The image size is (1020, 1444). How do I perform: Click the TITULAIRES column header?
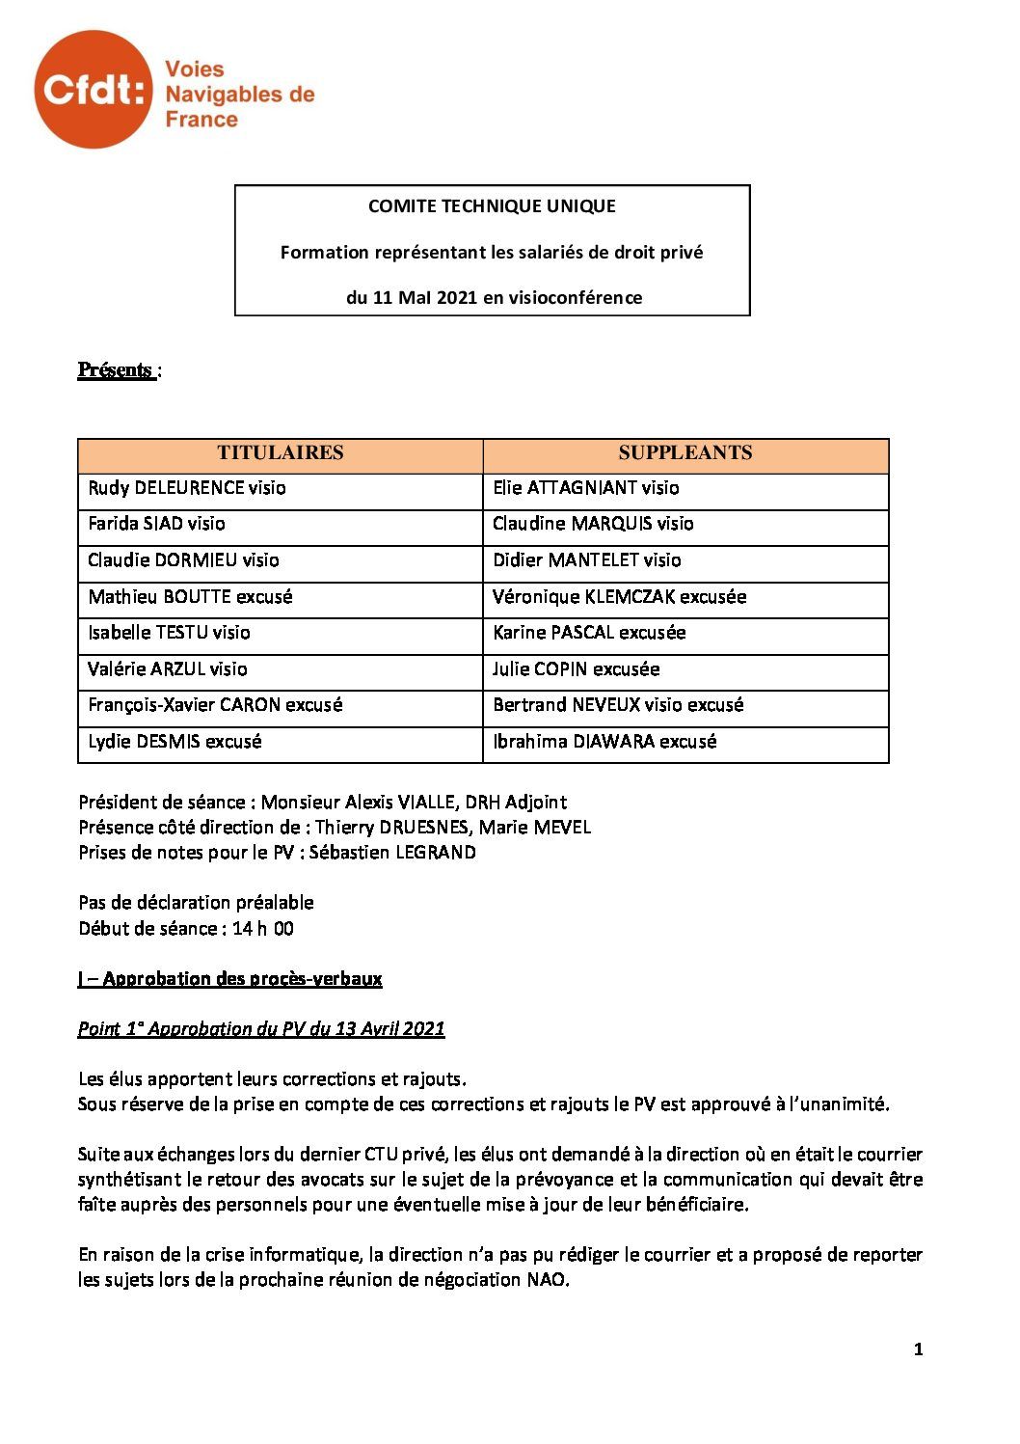pos(280,453)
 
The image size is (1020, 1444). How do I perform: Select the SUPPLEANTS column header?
pos(684,453)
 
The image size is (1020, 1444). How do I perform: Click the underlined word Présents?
pos(116,370)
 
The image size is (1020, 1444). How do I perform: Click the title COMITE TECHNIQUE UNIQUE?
pos(492,205)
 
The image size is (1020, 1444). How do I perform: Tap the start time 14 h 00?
pos(263,929)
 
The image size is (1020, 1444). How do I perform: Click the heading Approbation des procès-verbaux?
pos(242,979)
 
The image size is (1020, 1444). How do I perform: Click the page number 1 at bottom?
pos(919,1350)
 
